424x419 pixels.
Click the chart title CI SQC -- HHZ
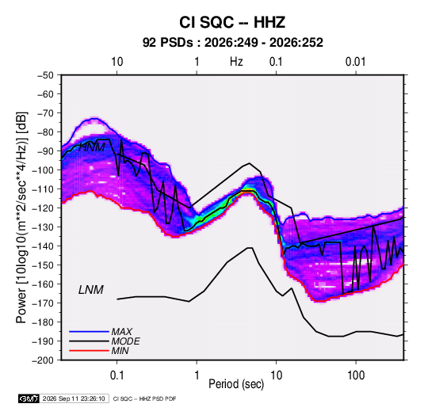pyautogui.click(x=232, y=22)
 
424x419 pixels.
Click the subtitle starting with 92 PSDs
pyautogui.click(x=232, y=43)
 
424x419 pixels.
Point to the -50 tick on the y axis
pyautogui.click(x=46, y=75)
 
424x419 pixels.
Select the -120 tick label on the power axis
pyautogui.click(x=43, y=208)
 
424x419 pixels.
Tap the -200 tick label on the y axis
pyautogui.click(x=43, y=360)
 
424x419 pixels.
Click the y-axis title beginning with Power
pyautogui.click(x=21, y=217)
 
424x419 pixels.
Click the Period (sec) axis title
pyautogui.click(x=236, y=384)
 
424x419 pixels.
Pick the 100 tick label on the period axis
pyautogui.click(x=356, y=375)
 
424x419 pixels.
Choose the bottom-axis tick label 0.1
pyautogui.click(x=117, y=375)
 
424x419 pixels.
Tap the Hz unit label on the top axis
pyautogui.click(x=236, y=62)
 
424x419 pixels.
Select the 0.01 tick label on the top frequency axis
pyautogui.click(x=355, y=62)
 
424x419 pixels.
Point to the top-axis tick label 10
pyautogui.click(x=117, y=62)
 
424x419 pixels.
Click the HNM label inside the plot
pyautogui.click(x=92, y=147)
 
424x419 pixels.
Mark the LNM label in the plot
pyautogui.click(x=91, y=290)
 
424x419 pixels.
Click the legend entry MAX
pyautogui.click(x=122, y=332)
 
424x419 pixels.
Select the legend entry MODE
pyautogui.click(x=126, y=341)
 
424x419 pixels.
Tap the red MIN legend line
pyautogui.click(x=89, y=351)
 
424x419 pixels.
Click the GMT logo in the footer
pyautogui.click(x=29, y=398)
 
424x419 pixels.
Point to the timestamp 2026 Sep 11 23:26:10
pyautogui.click(x=74, y=398)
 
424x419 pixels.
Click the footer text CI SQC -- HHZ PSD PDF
pyautogui.click(x=145, y=398)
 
